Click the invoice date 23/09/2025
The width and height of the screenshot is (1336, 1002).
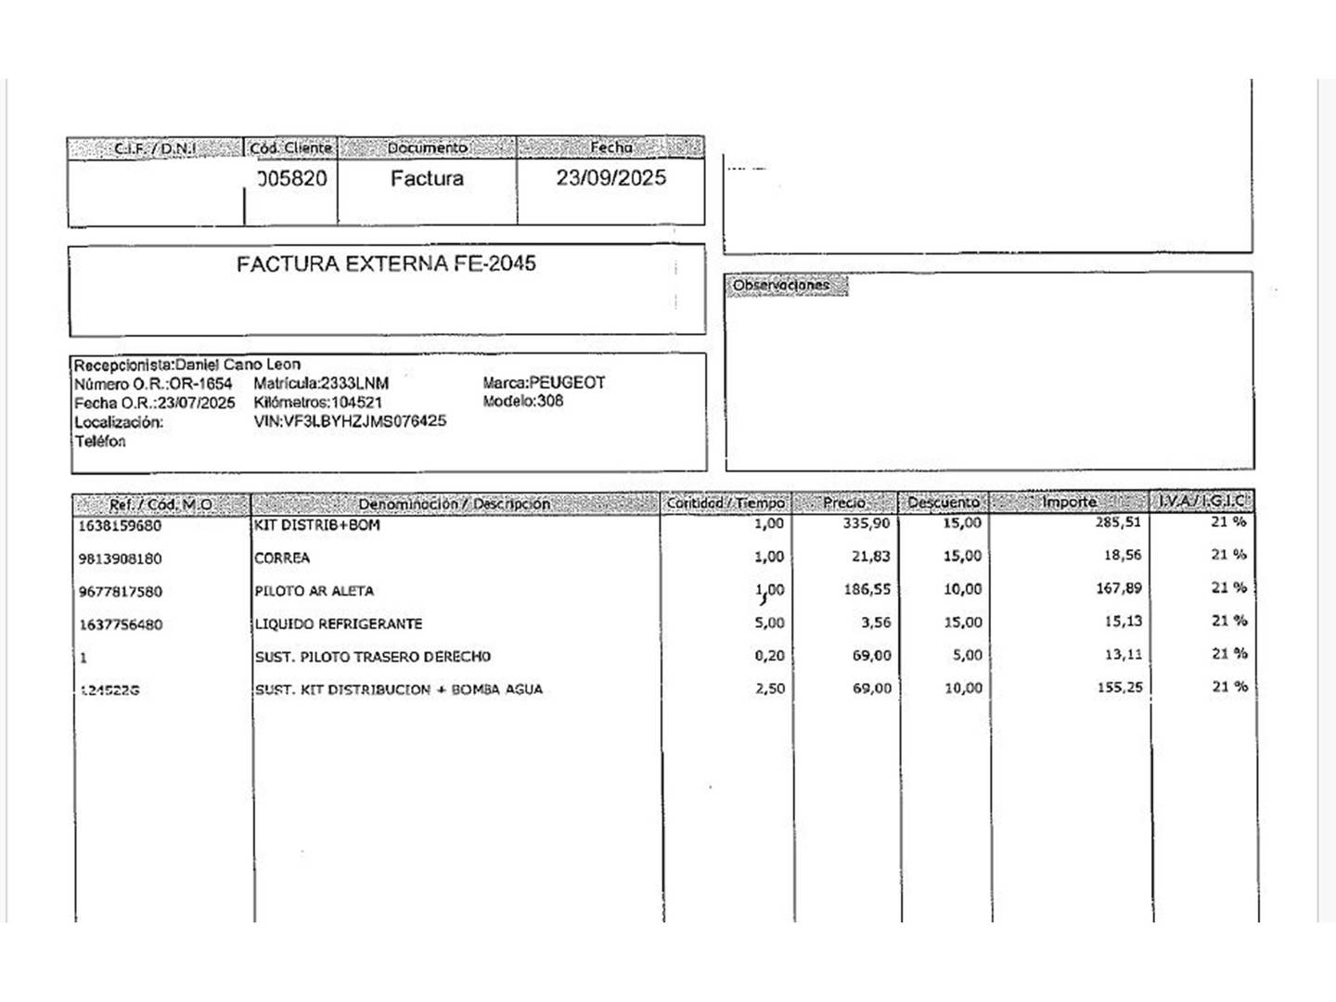click(x=610, y=178)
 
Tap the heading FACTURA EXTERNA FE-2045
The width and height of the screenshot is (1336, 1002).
click(x=386, y=263)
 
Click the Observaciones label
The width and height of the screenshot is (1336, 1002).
click(x=780, y=286)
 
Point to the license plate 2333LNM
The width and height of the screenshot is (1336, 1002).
click(x=354, y=383)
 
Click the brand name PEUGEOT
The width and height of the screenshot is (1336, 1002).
click(x=567, y=382)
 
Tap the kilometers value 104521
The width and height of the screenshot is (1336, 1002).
click(x=357, y=403)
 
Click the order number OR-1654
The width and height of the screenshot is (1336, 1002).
click(x=201, y=383)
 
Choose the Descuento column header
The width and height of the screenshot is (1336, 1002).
click(x=943, y=503)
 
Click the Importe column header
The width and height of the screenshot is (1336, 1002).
click(x=1069, y=502)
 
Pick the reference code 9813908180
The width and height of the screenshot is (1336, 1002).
click(x=121, y=559)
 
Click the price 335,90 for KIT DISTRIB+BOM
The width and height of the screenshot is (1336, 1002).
click(x=867, y=523)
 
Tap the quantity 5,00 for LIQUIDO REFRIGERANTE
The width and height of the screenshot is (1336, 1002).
click(x=769, y=623)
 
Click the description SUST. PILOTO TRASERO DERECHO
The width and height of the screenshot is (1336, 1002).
click(x=373, y=657)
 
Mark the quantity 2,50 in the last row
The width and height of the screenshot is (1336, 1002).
click(x=769, y=688)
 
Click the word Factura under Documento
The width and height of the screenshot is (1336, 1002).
click(x=427, y=178)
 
